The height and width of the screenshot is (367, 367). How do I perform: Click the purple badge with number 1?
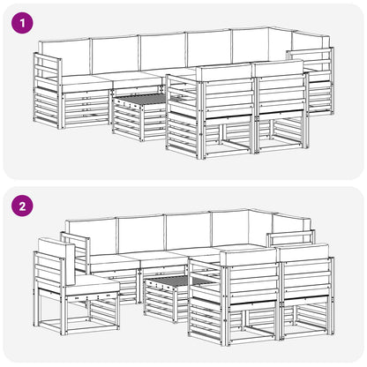[x=22, y=23]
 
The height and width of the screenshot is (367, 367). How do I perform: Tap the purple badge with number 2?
[x=22, y=206]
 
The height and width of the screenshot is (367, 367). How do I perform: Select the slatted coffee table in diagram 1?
[x=139, y=116]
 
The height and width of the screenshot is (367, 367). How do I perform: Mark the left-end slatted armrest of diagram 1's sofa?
[x=48, y=91]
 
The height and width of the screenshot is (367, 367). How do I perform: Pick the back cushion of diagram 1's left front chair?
[x=225, y=72]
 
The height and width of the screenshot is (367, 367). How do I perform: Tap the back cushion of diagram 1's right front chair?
[x=279, y=68]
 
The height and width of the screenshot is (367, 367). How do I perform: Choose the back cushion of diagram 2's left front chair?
[x=248, y=257]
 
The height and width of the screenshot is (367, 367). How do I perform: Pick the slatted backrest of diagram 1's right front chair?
[x=281, y=94]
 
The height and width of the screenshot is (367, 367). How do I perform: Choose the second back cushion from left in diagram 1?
[x=116, y=55]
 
